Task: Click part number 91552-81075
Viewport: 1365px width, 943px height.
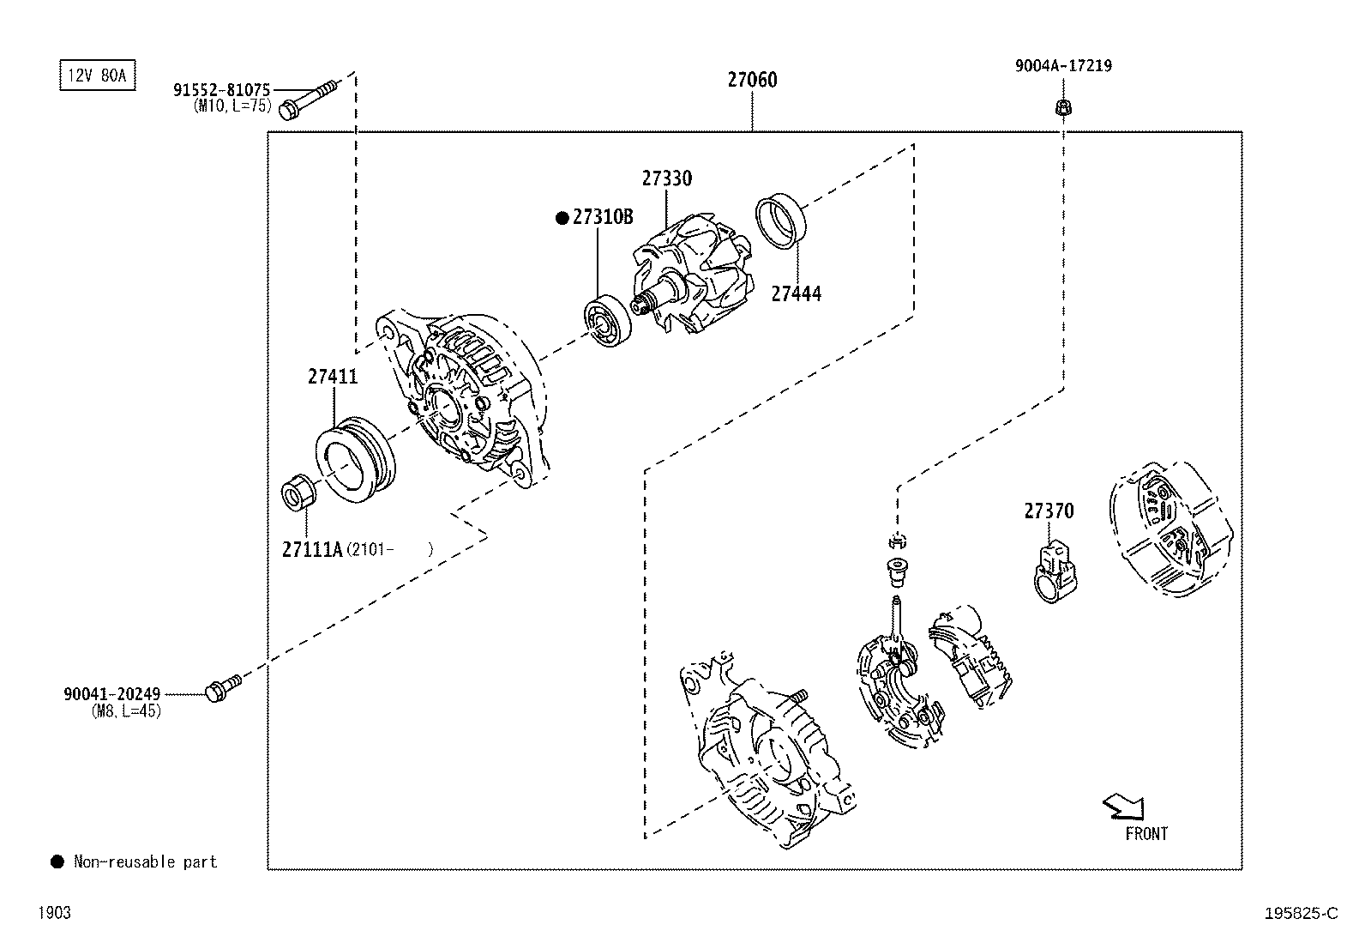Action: pyautogui.click(x=222, y=89)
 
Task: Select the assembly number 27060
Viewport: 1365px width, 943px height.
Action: pyautogui.click(x=752, y=80)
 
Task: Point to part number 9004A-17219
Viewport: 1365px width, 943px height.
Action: pyautogui.click(x=1063, y=65)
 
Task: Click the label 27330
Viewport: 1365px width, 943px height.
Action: pyautogui.click(x=666, y=178)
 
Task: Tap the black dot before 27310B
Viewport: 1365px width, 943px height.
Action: pyautogui.click(x=562, y=218)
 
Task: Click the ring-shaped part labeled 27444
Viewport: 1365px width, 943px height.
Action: pyautogui.click(x=780, y=222)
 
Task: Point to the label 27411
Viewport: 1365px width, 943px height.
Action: pyautogui.click(x=333, y=377)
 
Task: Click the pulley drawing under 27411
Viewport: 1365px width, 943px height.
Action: pyautogui.click(x=355, y=460)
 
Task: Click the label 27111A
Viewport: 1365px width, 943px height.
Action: pyautogui.click(x=312, y=549)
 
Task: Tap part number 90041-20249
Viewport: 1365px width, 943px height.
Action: pyautogui.click(x=111, y=694)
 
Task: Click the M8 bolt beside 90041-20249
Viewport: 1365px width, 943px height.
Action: pyautogui.click(x=222, y=687)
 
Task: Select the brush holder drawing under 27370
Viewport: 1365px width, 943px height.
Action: pyautogui.click(x=1055, y=571)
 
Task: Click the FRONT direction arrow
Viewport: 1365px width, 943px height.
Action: pyautogui.click(x=1123, y=807)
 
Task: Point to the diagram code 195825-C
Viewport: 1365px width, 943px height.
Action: pyautogui.click(x=1300, y=914)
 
